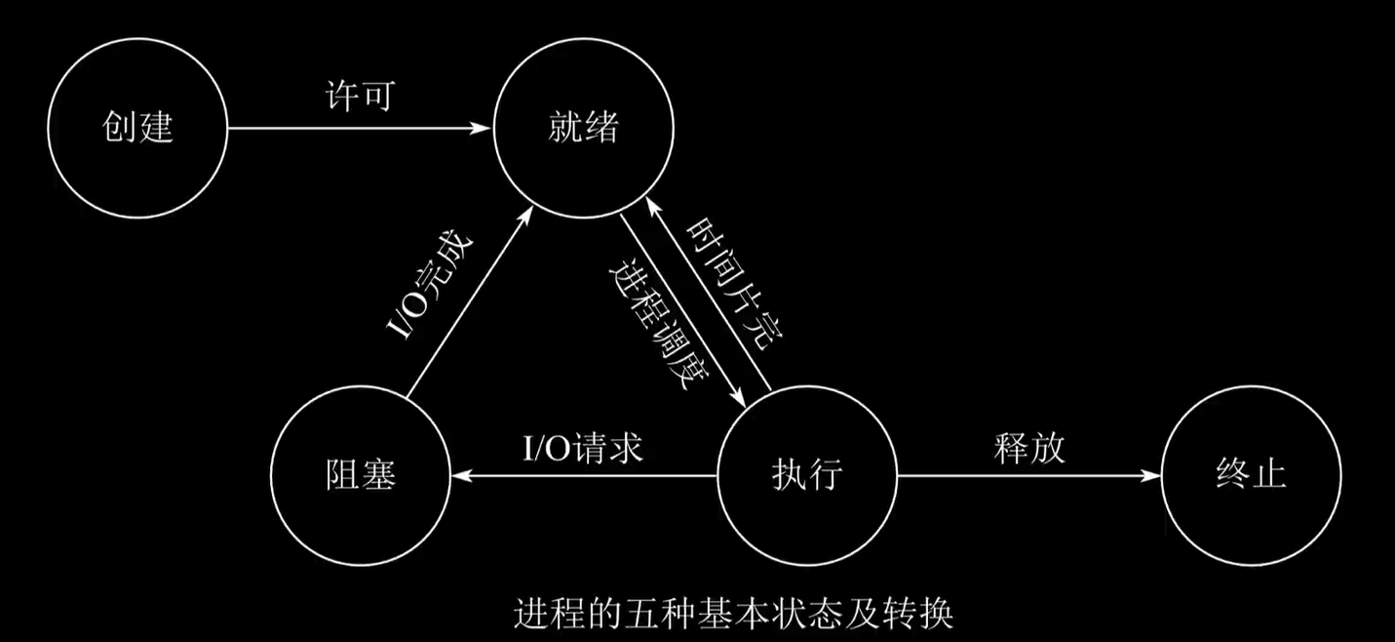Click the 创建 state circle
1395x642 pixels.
coord(138,128)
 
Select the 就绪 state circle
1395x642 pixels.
coord(582,128)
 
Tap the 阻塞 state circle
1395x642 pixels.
coord(361,476)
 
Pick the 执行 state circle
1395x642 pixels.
coord(806,476)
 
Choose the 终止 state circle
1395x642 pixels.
coord(1251,476)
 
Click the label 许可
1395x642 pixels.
coord(359,97)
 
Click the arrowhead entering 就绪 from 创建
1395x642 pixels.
coord(484,128)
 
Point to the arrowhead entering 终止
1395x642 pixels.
coord(1152,476)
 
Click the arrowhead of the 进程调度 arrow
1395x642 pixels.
coord(741,399)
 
